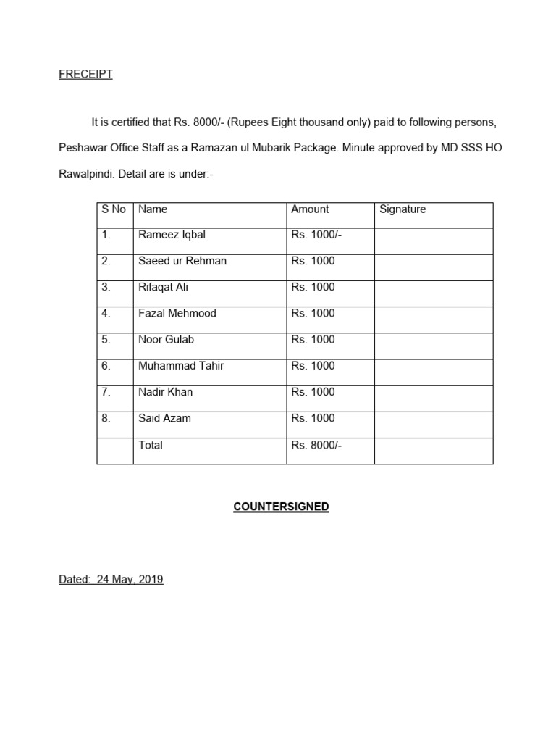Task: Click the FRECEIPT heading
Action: [x=85, y=74]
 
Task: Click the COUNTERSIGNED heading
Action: [x=281, y=507]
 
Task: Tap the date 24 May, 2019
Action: [x=127, y=579]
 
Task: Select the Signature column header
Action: [x=403, y=209]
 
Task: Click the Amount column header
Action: [x=310, y=209]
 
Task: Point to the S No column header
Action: [x=114, y=209]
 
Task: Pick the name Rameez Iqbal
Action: [x=172, y=235]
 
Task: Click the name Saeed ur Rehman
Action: [x=182, y=261]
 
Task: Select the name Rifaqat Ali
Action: [x=163, y=287]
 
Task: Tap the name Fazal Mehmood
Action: [x=177, y=313]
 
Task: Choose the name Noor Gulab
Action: [x=166, y=339]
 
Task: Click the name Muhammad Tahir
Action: [x=181, y=366]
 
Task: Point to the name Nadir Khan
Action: [x=165, y=392]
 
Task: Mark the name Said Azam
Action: [x=164, y=418]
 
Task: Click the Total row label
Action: [x=151, y=445]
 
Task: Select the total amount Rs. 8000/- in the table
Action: [x=316, y=445]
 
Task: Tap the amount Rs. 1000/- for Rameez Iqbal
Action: [x=316, y=235]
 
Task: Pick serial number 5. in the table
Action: [x=106, y=339]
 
